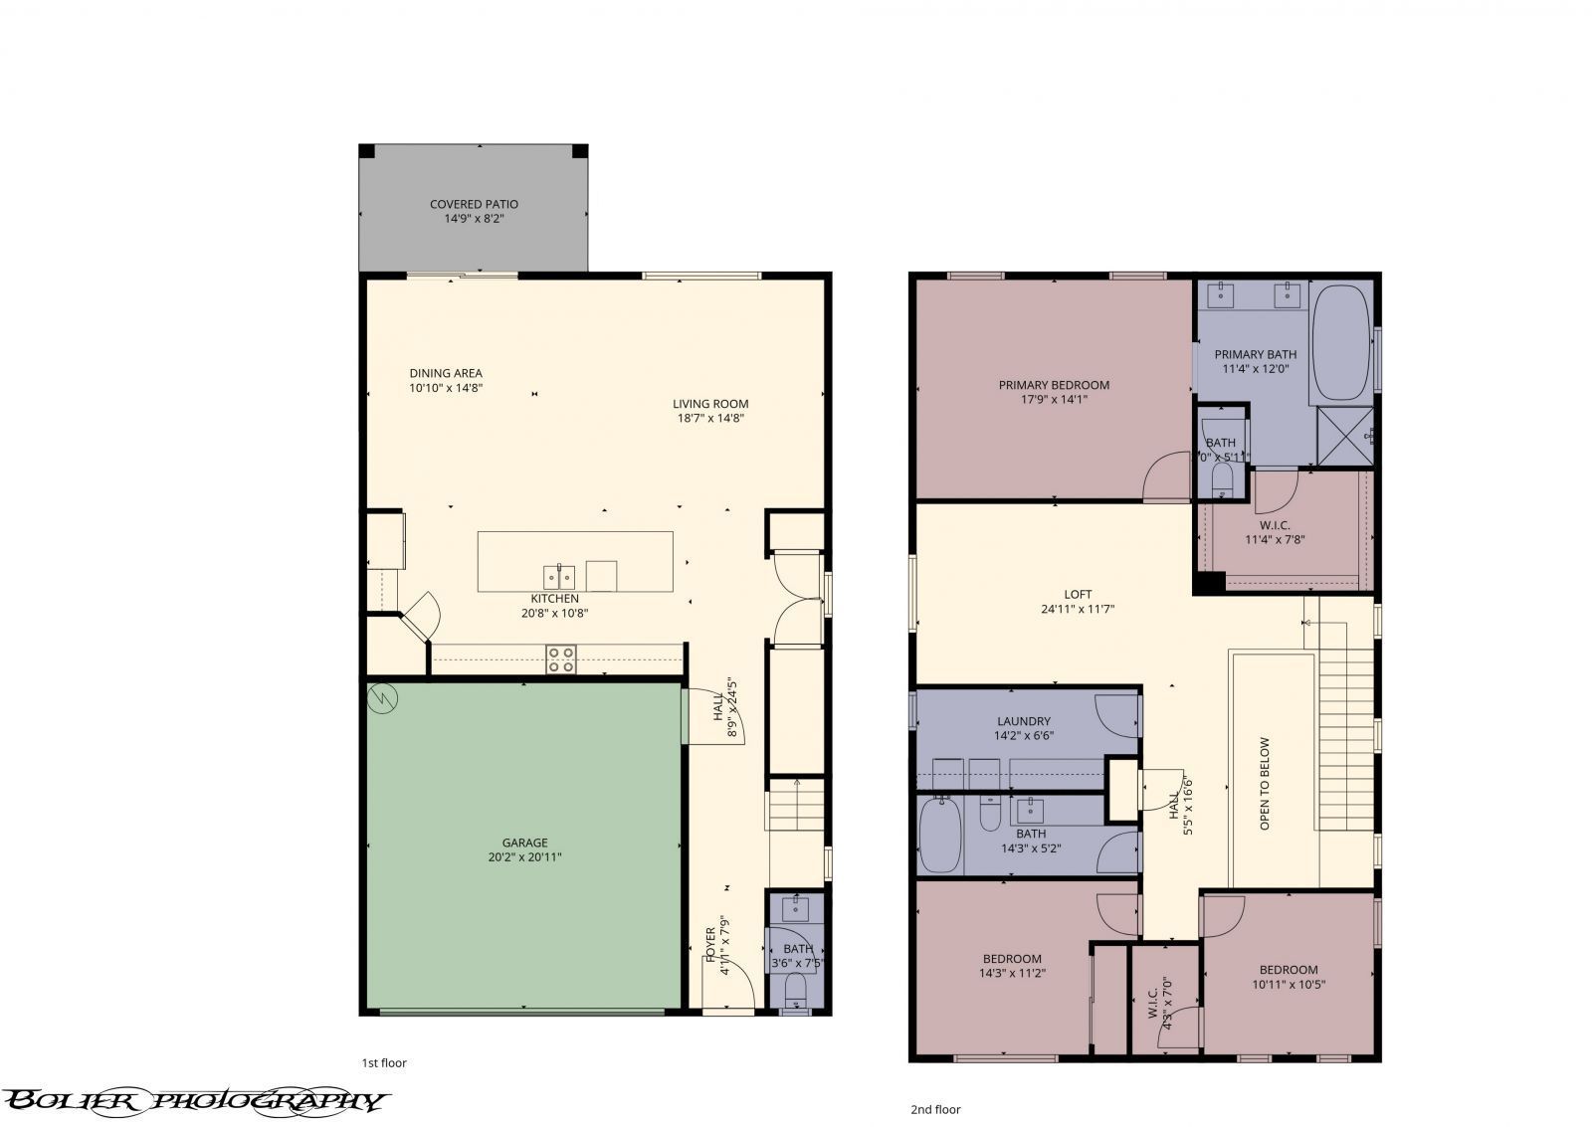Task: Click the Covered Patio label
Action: pos(474,204)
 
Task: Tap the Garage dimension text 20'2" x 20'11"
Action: pos(523,856)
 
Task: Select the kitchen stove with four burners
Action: pos(561,659)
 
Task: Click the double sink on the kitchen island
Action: pos(558,576)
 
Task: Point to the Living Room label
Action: pos(709,404)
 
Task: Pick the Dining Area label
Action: pos(446,373)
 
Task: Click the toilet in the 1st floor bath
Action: pos(796,990)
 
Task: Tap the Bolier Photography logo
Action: pos(194,1099)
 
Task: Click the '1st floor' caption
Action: pos(384,1062)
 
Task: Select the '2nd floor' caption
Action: pos(935,1109)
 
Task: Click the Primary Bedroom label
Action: pos(1054,385)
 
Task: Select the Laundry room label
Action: pos(1024,721)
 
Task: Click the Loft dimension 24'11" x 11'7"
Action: pos(1078,609)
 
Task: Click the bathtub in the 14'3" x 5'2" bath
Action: pos(939,835)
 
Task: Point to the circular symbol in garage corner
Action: pos(380,697)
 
